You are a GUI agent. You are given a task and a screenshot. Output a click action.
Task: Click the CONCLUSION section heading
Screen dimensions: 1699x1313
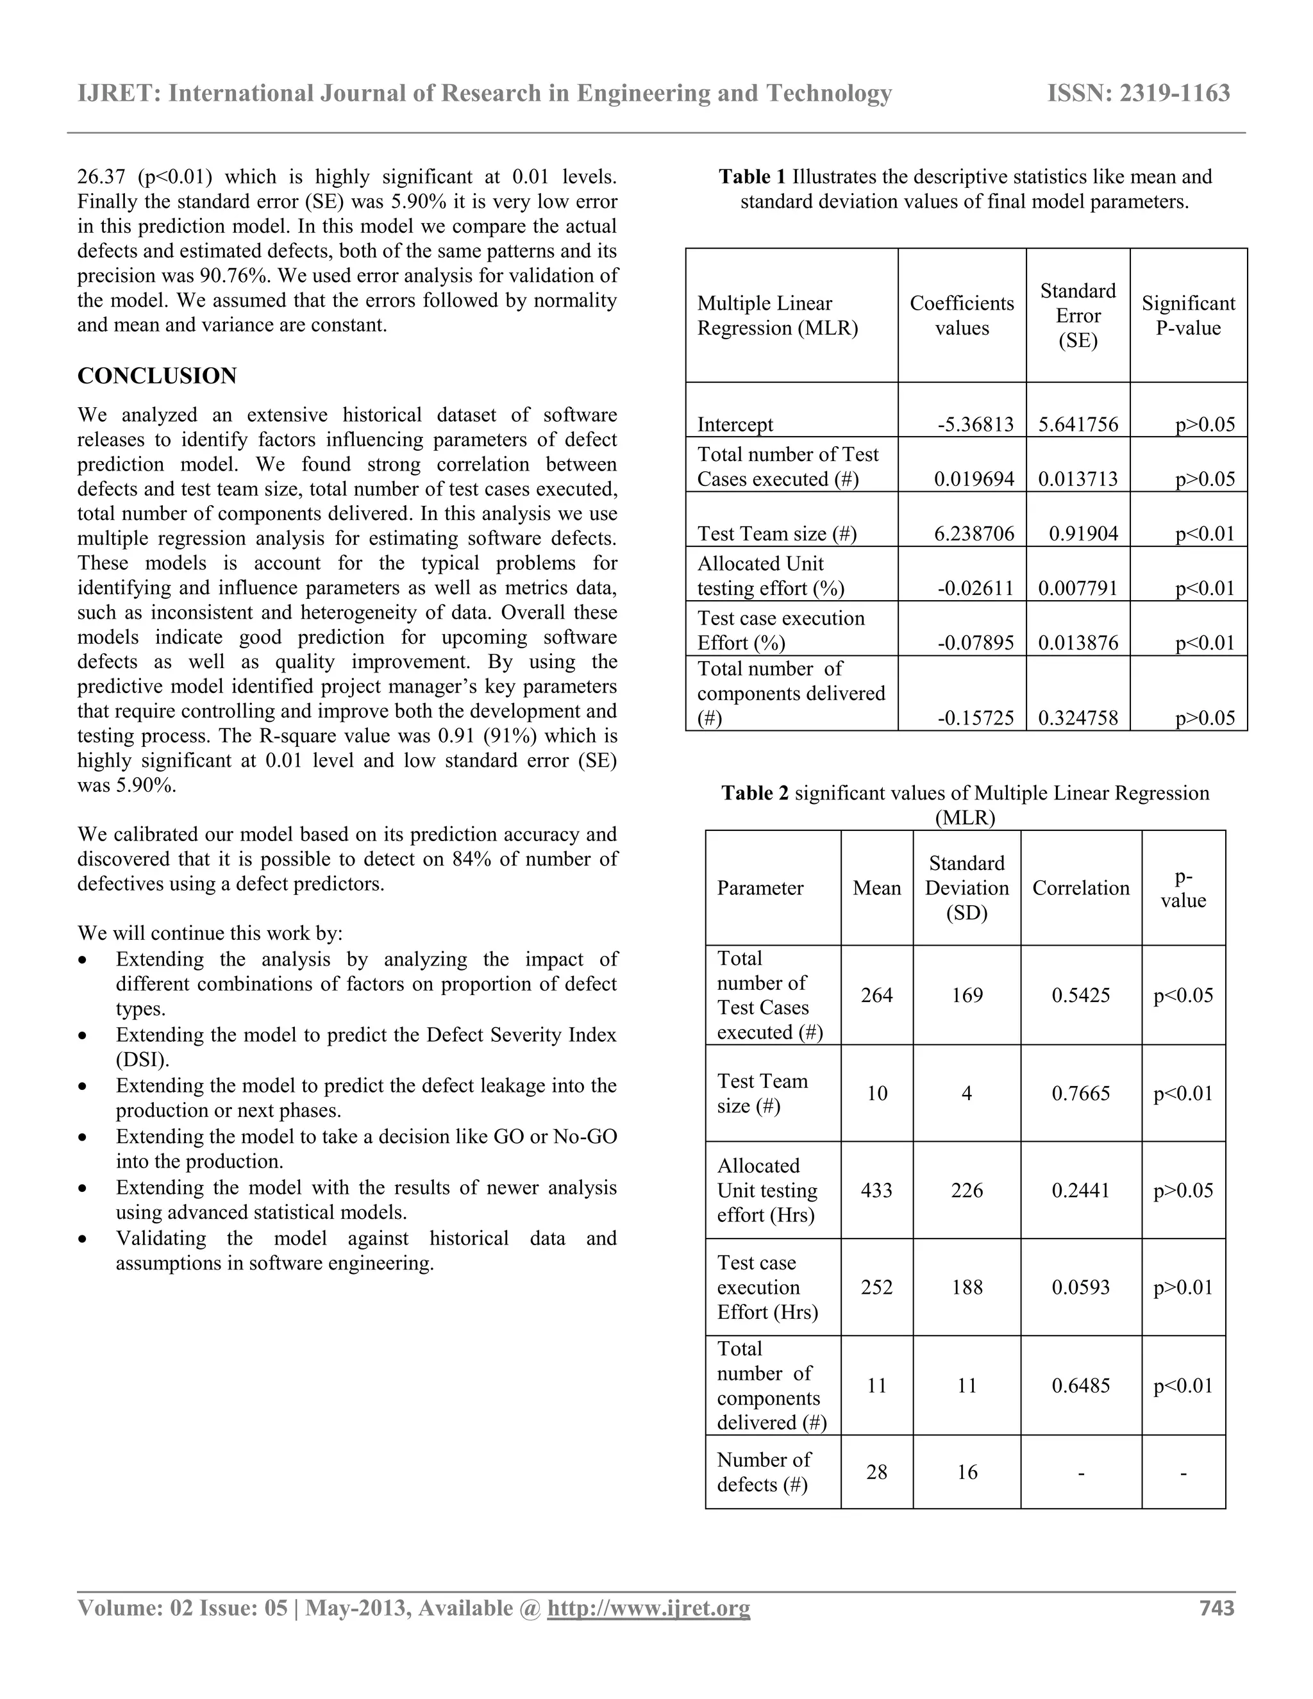pos(157,376)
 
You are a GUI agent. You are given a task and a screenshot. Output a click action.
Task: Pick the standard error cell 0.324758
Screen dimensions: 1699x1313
pos(1078,718)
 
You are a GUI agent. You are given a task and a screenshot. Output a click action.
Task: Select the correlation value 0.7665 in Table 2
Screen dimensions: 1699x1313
pos(1080,1094)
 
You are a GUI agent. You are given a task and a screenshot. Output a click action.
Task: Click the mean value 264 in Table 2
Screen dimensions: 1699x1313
pos(876,996)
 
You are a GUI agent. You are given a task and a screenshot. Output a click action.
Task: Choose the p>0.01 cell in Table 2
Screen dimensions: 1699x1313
pos(1183,1287)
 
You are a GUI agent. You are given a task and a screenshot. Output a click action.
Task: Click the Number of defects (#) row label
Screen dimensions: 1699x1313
pos(763,1472)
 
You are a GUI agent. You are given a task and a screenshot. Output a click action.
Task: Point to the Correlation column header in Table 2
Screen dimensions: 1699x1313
pos(1080,889)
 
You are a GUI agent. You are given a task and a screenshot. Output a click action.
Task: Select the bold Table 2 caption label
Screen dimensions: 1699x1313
pos(755,794)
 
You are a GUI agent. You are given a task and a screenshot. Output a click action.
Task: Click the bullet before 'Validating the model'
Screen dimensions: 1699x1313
pos(83,1239)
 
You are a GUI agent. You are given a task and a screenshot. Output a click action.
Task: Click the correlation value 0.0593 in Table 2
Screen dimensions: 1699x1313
pos(1080,1287)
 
